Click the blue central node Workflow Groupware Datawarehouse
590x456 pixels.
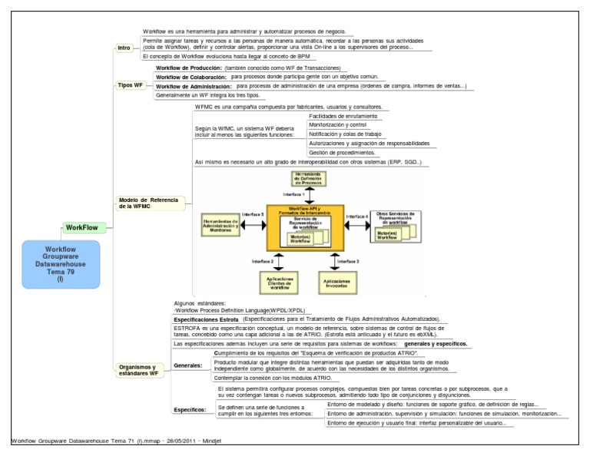61,263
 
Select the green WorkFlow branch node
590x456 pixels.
81,228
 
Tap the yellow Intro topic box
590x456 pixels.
124,48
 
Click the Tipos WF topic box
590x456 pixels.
130,85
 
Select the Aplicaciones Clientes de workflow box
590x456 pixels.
280,283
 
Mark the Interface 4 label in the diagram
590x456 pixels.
357,216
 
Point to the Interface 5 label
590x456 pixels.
253,214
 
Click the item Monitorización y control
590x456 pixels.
337,124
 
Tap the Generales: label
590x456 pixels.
187,365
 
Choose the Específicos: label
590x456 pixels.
190,410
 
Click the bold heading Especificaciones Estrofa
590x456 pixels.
205,319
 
